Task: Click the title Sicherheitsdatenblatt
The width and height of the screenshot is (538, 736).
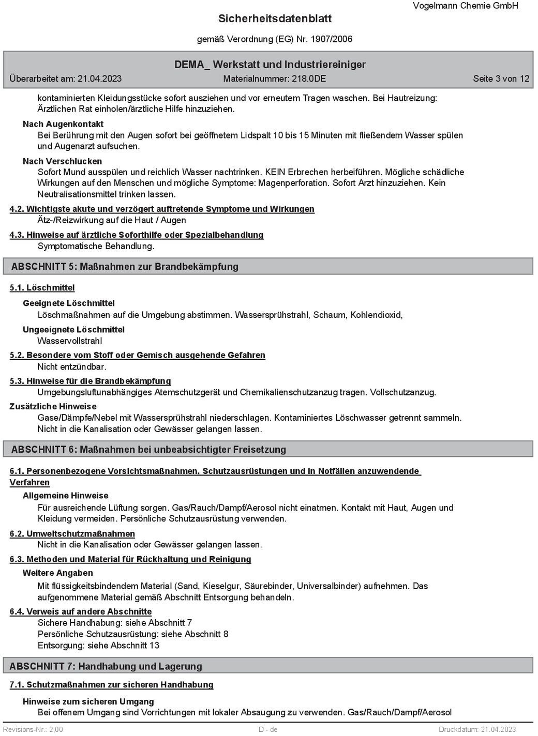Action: pos(275,19)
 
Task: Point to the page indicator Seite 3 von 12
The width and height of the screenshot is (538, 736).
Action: pos(501,79)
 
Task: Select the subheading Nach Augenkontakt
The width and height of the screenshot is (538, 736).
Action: pos(63,124)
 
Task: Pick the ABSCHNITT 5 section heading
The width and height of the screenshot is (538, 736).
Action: pos(125,267)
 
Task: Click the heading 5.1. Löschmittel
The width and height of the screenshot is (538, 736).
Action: pos(42,288)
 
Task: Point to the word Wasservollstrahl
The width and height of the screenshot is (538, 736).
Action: pos(70,341)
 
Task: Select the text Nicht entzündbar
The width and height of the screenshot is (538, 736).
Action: pos(72,367)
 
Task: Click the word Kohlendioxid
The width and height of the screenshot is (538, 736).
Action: pos(376,315)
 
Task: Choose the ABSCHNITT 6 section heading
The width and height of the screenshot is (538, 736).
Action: pos(148,450)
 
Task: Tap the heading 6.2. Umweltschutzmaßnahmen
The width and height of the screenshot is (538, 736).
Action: pos(72,534)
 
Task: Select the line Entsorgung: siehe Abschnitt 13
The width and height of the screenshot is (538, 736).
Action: pos(98,646)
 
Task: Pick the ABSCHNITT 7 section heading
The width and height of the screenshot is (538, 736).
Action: pos(106,666)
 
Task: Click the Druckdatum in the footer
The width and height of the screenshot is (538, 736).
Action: pos(477,729)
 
